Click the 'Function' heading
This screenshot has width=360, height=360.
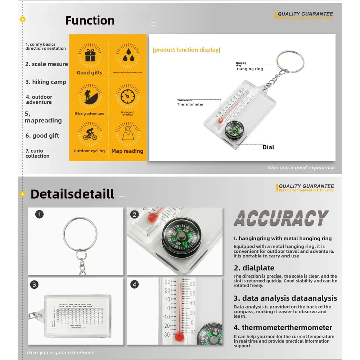pyautogui.click(x=90, y=21)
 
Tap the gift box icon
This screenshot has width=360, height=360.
pyautogui.click(x=89, y=56)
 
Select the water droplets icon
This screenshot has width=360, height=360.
pyautogui.click(x=128, y=56)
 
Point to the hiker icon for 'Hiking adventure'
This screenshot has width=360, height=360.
pyautogui.click(x=89, y=96)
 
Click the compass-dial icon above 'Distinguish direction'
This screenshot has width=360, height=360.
pyautogui.click(x=128, y=96)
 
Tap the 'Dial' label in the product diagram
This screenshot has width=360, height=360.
pyautogui.click(x=268, y=147)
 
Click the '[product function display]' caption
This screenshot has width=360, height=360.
pyautogui.click(x=186, y=50)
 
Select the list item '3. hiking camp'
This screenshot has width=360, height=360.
pyautogui.click(x=46, y=82)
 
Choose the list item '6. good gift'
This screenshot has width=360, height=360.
pyautogui.click(x=42, y=135)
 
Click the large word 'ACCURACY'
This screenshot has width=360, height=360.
pyautogui.click(x=281, y=218)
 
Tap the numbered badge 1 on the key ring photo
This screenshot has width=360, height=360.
pyautogui.click(x=40, y=214)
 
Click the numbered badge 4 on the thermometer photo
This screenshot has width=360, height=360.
pyautogui.click(x=135, y=284)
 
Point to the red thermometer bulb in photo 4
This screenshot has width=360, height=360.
pyautogui.click(x=179, y=337)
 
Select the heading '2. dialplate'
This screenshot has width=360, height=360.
pyautogui.click(x=254, y=268)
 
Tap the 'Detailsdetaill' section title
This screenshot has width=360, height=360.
pyautogui.click(x=72, y=194)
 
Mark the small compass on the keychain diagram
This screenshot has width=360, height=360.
pyautogui.click(x=233, y=130)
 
